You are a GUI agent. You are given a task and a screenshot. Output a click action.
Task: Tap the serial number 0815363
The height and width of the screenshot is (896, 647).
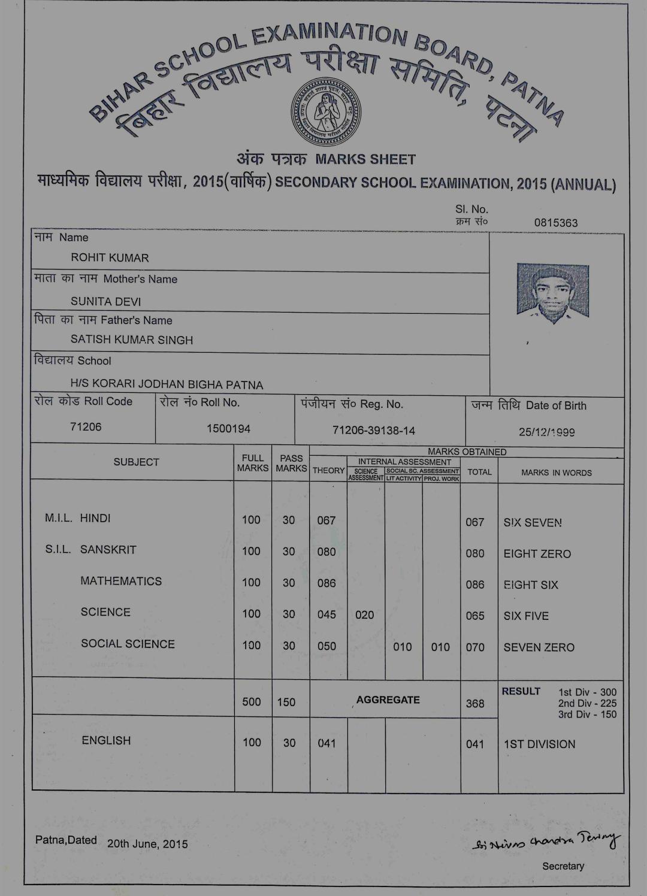pos(555,223)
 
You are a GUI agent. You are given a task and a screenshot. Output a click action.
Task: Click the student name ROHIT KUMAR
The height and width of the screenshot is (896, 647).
pos(110,258)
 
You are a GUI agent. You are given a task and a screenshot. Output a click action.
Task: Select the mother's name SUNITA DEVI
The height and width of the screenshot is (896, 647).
pos(105,301)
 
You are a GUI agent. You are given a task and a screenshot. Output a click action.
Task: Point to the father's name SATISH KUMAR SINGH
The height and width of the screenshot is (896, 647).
pos(132,340)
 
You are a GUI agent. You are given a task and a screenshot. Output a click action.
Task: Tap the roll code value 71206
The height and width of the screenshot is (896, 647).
pos(86,426)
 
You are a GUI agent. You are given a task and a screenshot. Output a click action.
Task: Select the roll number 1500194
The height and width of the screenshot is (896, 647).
pos(228,429)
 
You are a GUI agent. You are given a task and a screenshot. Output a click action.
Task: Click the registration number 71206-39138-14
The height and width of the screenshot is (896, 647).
pos(374,431)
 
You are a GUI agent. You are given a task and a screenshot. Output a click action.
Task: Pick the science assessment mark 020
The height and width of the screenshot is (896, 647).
pos(364,615)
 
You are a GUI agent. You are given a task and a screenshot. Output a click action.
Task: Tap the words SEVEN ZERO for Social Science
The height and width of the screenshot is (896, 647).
pos(539,647)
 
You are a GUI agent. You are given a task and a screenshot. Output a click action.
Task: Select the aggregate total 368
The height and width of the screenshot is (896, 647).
pos(475,703)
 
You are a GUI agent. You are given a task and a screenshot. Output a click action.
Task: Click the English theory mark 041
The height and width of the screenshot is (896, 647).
pos(326,743)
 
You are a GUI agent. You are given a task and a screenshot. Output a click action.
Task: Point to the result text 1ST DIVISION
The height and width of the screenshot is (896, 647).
pos(539,744)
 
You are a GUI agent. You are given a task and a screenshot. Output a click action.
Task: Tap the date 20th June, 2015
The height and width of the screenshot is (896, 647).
pos(147,844)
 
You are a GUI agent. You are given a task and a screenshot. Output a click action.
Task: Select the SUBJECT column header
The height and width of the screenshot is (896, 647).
pos(136,462)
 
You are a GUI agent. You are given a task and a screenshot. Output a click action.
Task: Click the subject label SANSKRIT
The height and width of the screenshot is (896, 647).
pos(108,550)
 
